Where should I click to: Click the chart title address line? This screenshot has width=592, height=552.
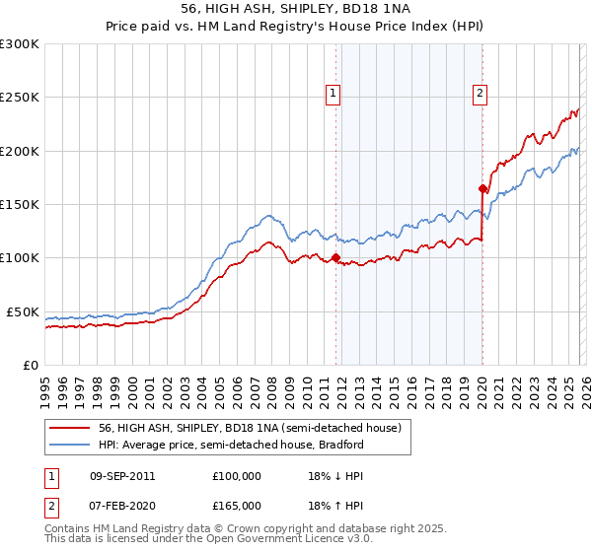click(x=295, y=8)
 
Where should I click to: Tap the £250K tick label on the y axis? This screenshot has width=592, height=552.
click(x=20, y=98)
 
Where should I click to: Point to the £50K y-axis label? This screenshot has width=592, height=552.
click(x=23, y=311)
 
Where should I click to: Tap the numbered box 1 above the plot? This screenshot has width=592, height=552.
click(x=333, y=94)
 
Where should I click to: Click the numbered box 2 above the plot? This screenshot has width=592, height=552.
click(x=480, y=94)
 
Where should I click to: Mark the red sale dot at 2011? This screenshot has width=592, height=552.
click(x=335, y=258)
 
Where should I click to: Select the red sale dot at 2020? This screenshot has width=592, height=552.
click(x=482, y=188)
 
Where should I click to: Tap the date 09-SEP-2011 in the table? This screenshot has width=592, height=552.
click(x=121, y=476)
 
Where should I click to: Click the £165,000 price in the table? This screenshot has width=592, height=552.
click(x=237, y=505)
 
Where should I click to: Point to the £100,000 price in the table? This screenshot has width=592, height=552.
click(x=237, y=476)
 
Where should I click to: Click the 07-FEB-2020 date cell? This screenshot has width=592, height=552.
click(x=121, y=505)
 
